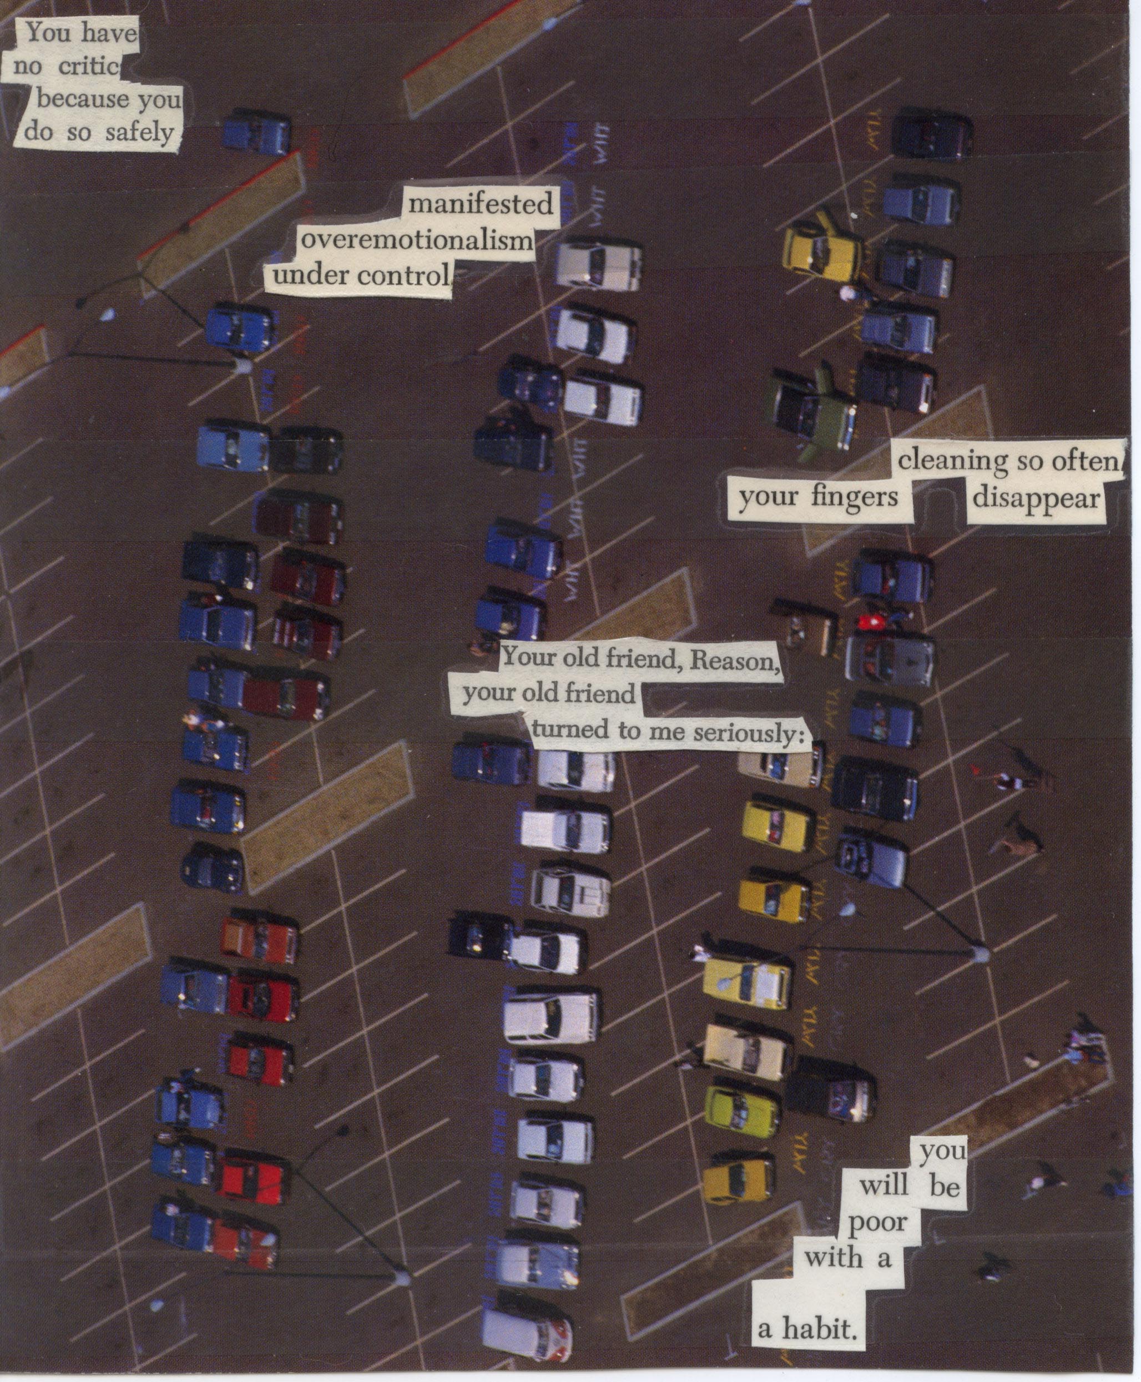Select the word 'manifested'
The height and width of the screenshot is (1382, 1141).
(x=481, y=204)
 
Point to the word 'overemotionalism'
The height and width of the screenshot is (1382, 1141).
(x=416, y=240)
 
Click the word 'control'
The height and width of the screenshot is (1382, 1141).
(x=404, y=276)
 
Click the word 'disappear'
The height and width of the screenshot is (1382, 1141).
(x=1035, y=497)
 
